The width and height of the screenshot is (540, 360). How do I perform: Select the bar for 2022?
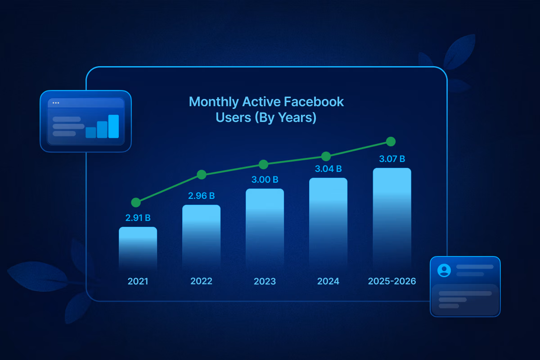coord(201,236)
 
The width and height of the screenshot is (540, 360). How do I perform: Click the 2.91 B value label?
coord(138,218)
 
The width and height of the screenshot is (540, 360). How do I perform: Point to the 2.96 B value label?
coord(201,196)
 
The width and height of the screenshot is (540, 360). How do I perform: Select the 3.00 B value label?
coord(265,180)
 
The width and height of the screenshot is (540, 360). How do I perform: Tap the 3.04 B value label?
coord(328,169)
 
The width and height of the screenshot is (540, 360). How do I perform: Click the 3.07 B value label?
coord(391,158)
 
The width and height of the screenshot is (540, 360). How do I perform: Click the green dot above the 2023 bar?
coord(264,164)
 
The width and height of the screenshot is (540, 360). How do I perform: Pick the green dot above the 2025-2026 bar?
coord(391,142)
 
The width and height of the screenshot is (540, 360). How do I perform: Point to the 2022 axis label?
coord(201,281)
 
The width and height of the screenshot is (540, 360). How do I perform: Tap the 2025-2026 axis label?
coord(391,281)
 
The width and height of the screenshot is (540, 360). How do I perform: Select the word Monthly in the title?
coord(214,102)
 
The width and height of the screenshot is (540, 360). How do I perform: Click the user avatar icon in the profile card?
coord(444,270)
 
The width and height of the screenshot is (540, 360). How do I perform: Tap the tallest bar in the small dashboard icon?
coord(113,126)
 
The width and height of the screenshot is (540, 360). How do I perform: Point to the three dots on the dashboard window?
coord(56,103)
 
